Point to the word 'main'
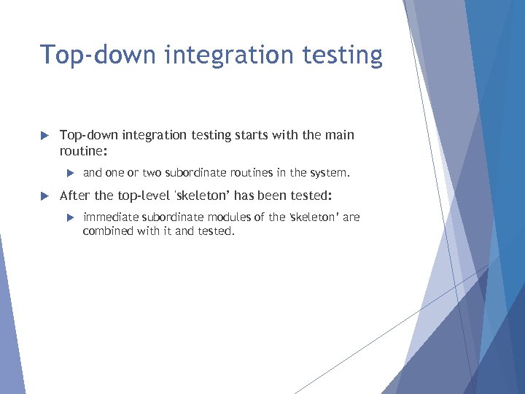point(338,135)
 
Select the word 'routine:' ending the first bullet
point(83,150)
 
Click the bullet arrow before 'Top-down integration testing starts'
point(43,135)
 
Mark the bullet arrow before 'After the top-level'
point(43,196)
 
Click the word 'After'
point(75,196)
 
